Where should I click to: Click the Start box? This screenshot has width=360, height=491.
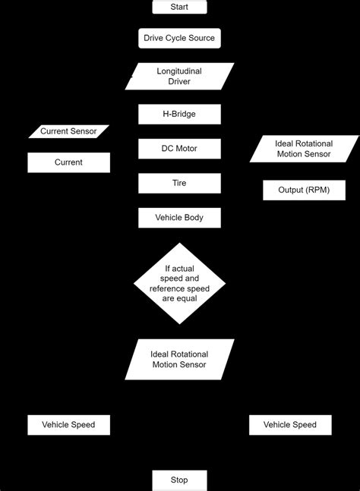(x=179, y=8)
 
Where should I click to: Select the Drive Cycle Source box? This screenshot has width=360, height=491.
(x=179, y=38)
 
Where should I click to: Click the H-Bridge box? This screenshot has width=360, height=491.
(x=179, y=115)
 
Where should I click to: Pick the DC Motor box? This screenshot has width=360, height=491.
(x=179, y=149)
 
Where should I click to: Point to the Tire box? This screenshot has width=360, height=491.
(x=179, y=183)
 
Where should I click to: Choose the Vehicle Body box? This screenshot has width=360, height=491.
(x=179, y=218)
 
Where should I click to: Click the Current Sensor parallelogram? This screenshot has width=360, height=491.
(x=68, y=132)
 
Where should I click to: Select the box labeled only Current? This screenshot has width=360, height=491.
(x=68, y=162)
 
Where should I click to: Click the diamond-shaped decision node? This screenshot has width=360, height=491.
(x=179, y=283)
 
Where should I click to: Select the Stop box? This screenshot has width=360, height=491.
(x=179, y=480)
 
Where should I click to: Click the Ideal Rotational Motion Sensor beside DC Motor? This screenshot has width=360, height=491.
(x=303, y=149)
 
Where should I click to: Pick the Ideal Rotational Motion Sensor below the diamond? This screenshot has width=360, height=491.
(x=179, y=360)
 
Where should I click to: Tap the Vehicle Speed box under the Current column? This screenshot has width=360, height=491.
(x=68, y=425)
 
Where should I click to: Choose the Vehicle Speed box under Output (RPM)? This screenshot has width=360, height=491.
(x=290, y=425)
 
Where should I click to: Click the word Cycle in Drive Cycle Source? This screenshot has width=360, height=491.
(x=180, y=38)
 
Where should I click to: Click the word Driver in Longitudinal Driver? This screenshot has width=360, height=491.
(x=179, y=81)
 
